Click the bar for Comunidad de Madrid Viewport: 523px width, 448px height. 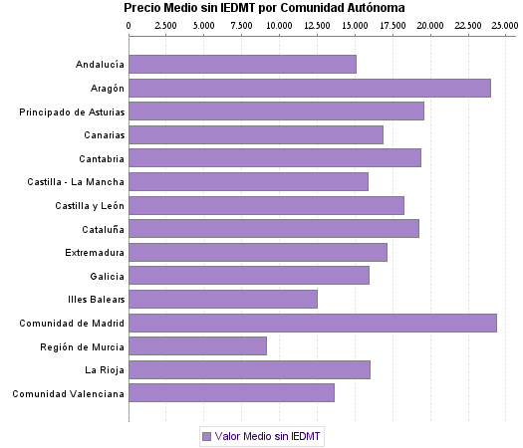pyautogui.click(x=313, y=323)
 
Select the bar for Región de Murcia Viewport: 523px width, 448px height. pyautogui.click(x=198, y=345)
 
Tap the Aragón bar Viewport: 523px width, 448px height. pyautogui.click(x=310, y=88)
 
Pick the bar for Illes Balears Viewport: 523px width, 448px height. pyautogui.click(x=223, y=299)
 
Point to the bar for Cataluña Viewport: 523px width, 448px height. pyautogui.click(x=274, y=228)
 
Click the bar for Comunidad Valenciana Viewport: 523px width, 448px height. pyautogui.click(x=232, y=392)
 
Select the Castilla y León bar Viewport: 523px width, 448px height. pyautogui.click(x=267, y=205)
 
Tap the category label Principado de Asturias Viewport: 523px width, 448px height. pyautogui.click(x=72, y=112)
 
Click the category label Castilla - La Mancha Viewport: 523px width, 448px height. pyautogui.click(x=77, y=181)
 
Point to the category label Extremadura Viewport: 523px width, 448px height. pyautogui.click(x=95, y=252)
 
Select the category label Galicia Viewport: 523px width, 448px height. pyautogui.click(x=107, y=276)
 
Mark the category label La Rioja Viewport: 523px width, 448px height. pyautogui.click(x=105, y=369)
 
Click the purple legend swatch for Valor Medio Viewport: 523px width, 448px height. pyautogui.click(x=206, y=436)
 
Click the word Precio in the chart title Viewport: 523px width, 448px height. pyautogui.click(x=142, y=8)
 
